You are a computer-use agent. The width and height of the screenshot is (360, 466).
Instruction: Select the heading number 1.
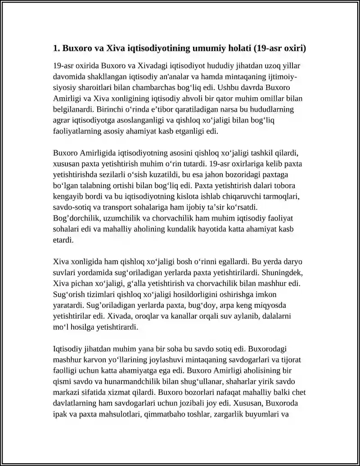click(56, 48)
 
